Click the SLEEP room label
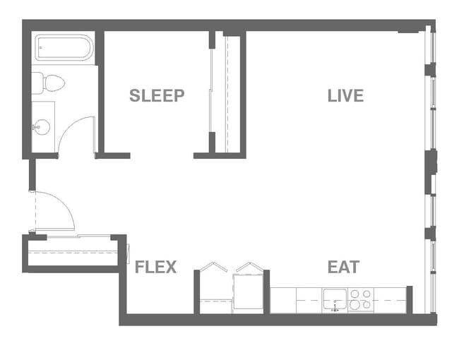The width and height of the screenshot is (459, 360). [157, 96]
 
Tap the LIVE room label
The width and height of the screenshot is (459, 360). [345, 96]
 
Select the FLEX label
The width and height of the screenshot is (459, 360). [155, 268]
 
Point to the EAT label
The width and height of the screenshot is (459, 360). [343, 268]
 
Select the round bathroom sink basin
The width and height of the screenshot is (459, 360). [41, 127]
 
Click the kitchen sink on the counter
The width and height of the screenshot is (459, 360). [335, 300]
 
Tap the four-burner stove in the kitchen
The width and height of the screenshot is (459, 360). [361, 300]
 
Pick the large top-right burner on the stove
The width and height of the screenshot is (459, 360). [366, 294]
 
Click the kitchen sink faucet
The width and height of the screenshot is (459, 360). [335, 307]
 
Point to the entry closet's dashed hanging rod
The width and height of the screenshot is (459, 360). [71, 252]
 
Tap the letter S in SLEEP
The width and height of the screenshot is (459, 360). [133, 96]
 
